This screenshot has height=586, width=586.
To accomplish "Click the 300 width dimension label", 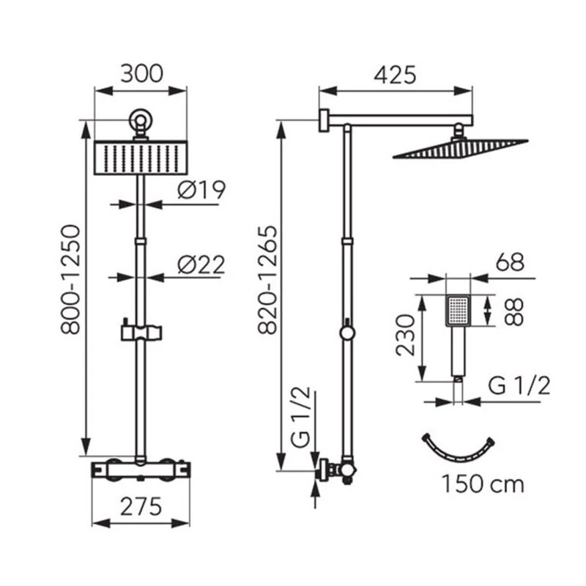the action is click(141, 74).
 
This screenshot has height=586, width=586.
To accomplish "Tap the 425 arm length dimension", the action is click(395, 75).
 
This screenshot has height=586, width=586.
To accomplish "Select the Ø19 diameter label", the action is click(201, 190).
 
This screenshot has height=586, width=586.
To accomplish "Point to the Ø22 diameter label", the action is click(201, 264).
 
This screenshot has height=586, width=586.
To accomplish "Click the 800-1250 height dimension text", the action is click(70, 279).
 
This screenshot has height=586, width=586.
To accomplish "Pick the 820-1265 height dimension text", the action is click(267, 279).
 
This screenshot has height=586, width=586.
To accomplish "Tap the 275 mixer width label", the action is click(141, 506).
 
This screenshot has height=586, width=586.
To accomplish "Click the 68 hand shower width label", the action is click(510, 262).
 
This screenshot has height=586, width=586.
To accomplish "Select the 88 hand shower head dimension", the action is click(513, 311).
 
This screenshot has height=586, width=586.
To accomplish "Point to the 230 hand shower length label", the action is click(406, 335).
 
